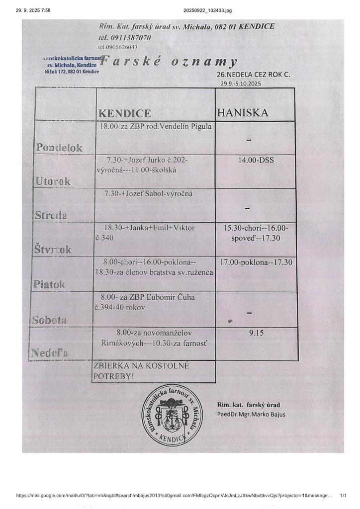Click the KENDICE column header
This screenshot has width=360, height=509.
[125, 113]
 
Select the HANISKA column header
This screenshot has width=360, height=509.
[243, 113]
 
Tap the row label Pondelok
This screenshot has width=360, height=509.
[59, 147]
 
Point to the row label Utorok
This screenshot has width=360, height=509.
[53, 181]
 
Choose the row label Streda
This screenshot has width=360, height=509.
[51, 215]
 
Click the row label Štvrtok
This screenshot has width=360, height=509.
[53, 250]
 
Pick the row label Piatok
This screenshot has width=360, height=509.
[49, 284]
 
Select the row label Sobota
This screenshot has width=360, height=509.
[49, 320]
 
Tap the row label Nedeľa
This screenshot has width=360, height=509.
[49, 353]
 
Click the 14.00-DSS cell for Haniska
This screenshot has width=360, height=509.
[256, 160]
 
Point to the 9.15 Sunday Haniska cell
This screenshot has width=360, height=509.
[256, 333]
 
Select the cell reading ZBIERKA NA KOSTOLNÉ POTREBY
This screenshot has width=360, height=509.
[142, 371]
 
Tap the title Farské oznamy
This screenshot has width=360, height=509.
[168, 62]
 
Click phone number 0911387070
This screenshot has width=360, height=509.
[125, 37]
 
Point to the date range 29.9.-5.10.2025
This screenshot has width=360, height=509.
[241, 84]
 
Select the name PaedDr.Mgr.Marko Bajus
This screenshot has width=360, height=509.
[251, 414]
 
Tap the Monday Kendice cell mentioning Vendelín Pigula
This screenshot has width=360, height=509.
[156, 126]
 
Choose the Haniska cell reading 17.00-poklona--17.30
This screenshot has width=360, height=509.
[256, 262]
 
